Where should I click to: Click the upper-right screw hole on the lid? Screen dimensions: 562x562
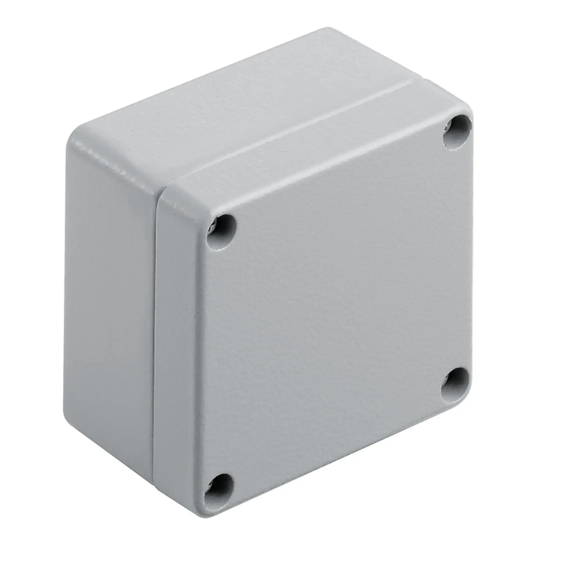coord(457,130)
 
